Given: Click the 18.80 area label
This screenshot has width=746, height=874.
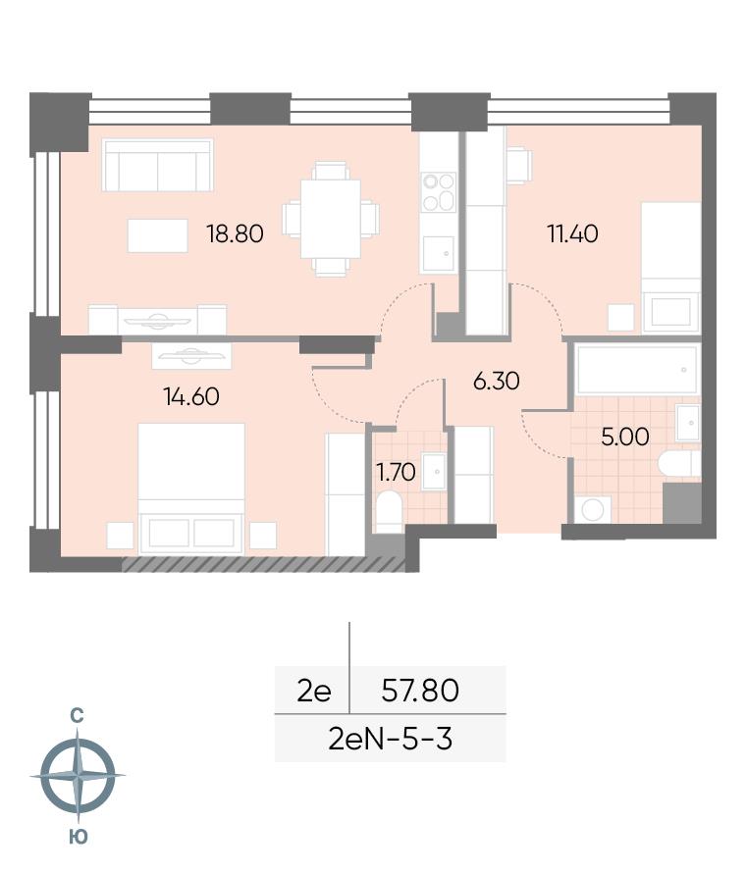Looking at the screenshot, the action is click(x=235, y=233).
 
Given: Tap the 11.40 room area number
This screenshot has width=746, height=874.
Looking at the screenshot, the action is click(x=573, y=233).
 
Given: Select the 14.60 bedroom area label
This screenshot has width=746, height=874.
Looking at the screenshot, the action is click(x=191, y=397).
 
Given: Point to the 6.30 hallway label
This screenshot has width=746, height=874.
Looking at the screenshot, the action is click(x=496, y=382).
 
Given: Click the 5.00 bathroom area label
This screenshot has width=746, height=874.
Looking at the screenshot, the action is click(x=625, y=437).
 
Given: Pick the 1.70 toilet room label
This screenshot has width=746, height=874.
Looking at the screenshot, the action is click(x=397, y=473).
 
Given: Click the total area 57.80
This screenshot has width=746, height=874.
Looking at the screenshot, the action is click(x=420, y=690).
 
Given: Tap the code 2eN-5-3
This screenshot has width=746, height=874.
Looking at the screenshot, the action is click(x=390, y=740).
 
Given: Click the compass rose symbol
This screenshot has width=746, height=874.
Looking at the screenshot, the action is click(x=78, y=775).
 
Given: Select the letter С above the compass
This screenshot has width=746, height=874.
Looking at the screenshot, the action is click(x=77, y=715).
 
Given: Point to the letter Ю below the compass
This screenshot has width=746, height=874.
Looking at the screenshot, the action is click(x=79, y=837).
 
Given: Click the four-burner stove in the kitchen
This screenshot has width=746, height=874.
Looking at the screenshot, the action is click(x=439, y=191).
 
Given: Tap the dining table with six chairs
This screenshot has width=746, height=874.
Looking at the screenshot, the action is click(x=331, y=219).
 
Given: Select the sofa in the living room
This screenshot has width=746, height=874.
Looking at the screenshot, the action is click(x=158, y=165).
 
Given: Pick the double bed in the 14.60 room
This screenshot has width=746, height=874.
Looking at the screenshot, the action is click(x=191, y=488).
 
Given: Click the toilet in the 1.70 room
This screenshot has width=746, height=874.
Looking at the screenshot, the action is click(x=390, y=512).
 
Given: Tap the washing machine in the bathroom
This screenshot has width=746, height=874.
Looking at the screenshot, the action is click(x=593, y=509).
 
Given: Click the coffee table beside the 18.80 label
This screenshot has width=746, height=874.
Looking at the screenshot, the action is click(x=157, y=235).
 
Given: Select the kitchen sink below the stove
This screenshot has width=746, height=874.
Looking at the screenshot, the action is click(x=438, y=254).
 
